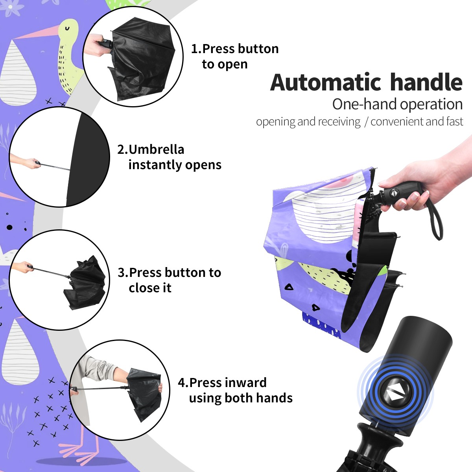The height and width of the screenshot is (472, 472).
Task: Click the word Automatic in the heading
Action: [x=326, y=83]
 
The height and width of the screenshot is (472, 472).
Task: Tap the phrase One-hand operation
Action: [x=397, y=104]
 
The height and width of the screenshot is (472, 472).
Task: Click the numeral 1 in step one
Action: [x=194, y=49]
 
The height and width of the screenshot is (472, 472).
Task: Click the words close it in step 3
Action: [x=150, y=288]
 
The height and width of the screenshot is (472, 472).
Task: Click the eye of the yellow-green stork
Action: [x=67, y=29]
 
